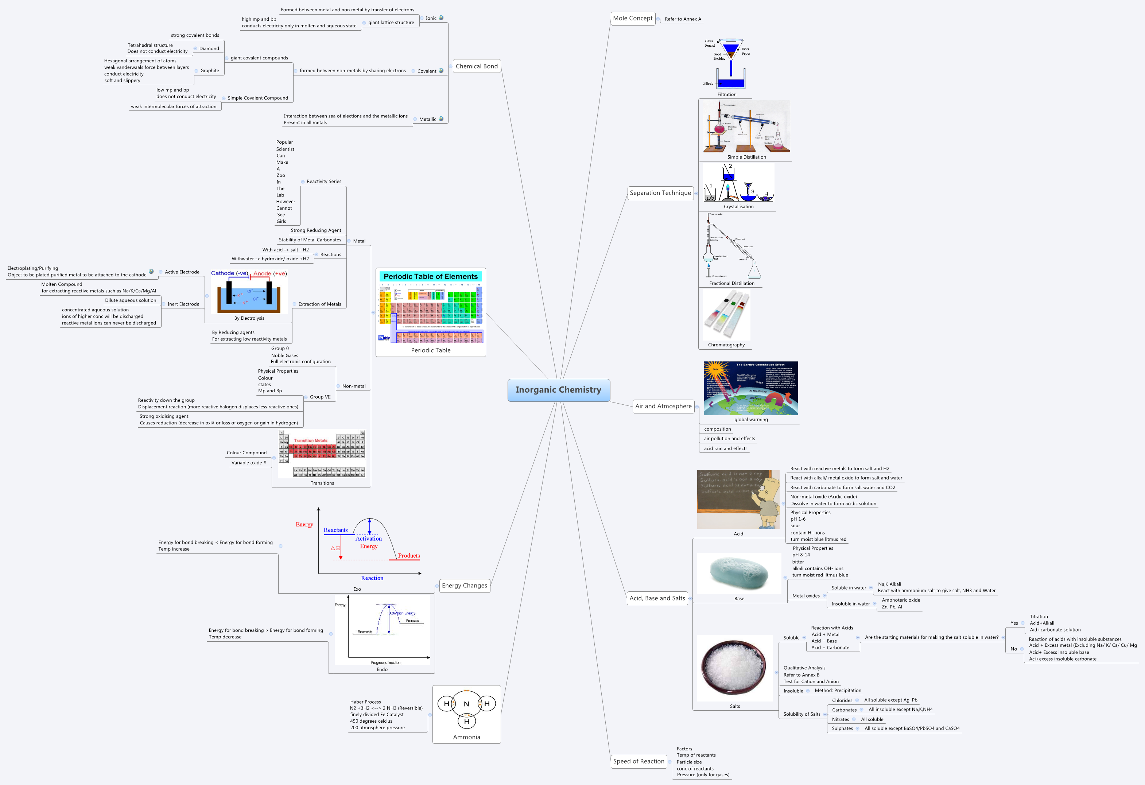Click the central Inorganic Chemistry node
point(558,390)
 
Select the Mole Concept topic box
point(633,18)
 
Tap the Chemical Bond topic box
point(477,66)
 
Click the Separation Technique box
point(660,193)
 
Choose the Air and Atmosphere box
point(663,406)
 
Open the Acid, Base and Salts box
point(657,598)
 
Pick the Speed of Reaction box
point(639,761)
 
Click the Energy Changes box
point(464,586)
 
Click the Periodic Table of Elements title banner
point(430,276)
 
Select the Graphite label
point(209,70)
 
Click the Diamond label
point(209,48)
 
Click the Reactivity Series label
point(324,181)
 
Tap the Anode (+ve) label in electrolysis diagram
point(269,273)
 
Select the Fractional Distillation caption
point(731,283)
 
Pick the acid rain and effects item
point(725,448)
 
